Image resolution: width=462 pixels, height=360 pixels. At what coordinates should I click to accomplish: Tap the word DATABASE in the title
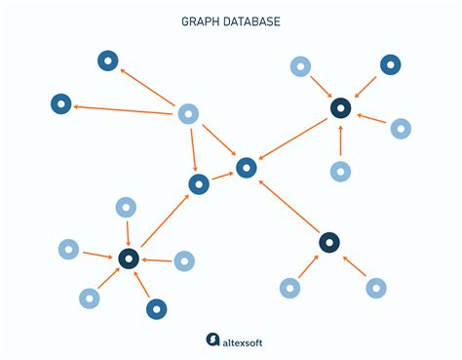(x=249, y=20)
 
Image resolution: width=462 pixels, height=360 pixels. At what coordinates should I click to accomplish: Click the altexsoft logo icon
(x=212, y=340)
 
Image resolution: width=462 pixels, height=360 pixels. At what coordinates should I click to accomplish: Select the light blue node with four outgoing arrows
(x=188, y=114)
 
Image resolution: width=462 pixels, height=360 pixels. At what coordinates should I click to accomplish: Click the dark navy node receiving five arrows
(x=128, y=259)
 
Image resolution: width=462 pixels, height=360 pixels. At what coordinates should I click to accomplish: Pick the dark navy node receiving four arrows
(x=340, y=107)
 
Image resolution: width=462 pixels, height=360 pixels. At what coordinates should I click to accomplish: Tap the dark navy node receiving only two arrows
(x=328, y=242)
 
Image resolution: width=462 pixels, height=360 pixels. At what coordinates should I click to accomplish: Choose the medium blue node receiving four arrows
(x=247, y=168)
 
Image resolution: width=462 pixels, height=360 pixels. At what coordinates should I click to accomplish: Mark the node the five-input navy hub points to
(x=199, y=183)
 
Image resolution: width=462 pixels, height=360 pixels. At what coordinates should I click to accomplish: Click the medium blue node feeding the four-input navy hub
(x=390, y=65)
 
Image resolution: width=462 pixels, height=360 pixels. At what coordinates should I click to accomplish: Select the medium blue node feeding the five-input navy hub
(x=156, y=309)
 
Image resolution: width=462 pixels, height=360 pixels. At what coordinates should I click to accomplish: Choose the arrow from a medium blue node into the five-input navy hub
(x=142, y=285)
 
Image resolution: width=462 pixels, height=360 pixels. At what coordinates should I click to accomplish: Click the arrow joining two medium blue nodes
(x=222, y=176)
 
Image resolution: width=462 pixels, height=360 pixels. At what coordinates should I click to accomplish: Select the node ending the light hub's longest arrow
(x=60, y=102)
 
